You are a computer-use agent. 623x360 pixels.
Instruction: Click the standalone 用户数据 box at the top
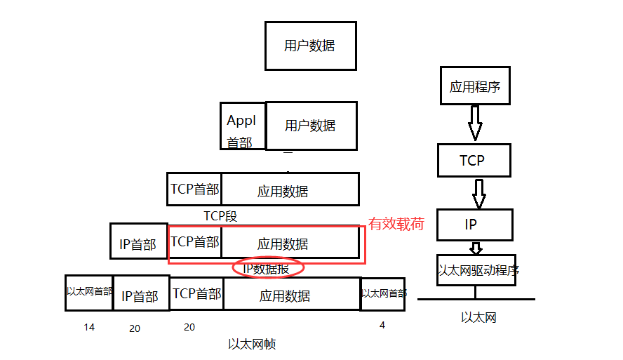310,46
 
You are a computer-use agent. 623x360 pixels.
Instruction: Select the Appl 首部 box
242,126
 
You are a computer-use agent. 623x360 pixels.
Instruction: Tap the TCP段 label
220,216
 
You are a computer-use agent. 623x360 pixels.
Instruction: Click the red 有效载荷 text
396,224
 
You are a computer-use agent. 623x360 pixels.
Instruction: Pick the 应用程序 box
475,86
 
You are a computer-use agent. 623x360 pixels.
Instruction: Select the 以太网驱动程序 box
476,270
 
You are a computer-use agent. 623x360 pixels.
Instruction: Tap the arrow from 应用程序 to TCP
475,125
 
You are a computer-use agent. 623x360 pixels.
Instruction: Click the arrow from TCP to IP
479,193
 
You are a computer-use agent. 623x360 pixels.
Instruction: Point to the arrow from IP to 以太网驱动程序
476,248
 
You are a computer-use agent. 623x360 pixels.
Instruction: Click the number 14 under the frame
88,327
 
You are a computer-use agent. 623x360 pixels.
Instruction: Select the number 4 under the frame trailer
382,325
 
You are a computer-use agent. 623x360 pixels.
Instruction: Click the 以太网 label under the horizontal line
478,317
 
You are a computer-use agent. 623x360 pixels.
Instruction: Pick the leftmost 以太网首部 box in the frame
89,293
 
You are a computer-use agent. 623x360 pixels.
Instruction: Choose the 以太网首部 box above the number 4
382,294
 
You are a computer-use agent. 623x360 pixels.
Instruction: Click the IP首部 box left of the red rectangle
138,242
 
